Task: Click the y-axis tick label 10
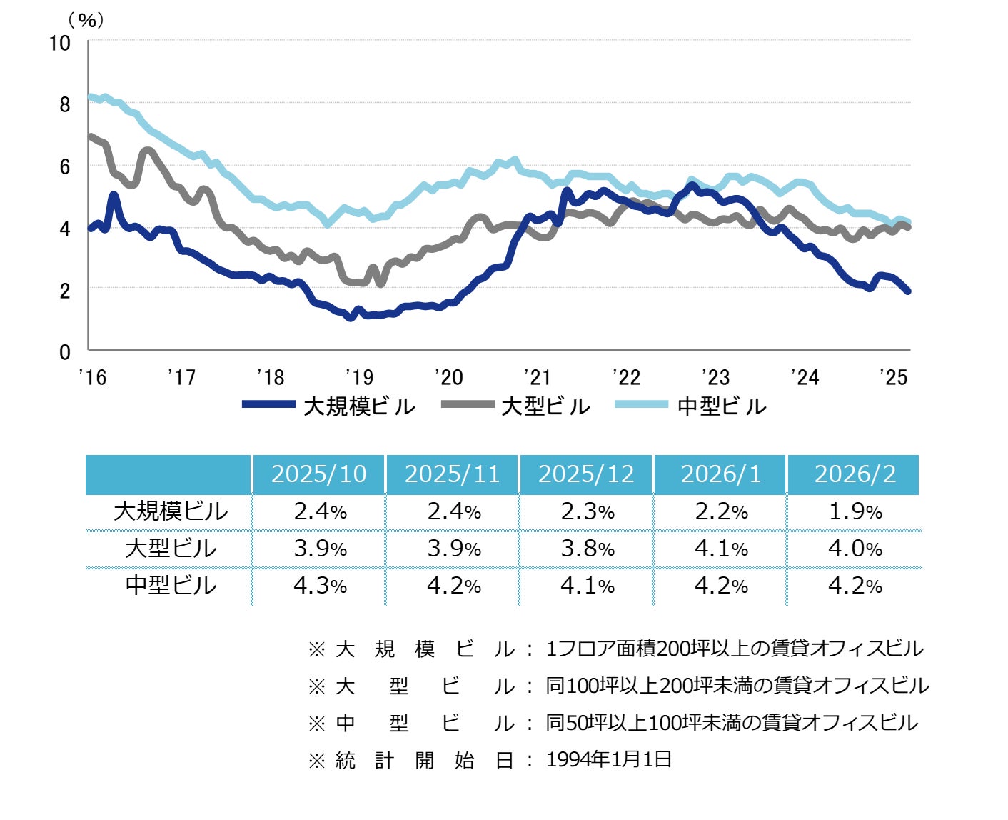[x=60, y=43]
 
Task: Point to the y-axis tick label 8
[x=65, y=104]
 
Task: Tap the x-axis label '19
[x=359, y=377]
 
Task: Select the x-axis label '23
[x=715, y=377]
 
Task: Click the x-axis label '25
[x=894, y=377]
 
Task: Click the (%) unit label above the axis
[x=86, y=20]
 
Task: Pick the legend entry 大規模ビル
[x=358, y=406]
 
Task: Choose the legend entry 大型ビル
[x=545, y=406]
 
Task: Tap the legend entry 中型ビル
[x=722, y=406]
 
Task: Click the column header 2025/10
[x=318, y=474]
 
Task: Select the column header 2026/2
[x=855, y=474]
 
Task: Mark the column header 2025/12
[x=586, y=474]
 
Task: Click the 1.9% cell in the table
[x=855, y=511]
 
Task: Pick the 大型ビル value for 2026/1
[x=721, y=549]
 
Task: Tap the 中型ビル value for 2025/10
[x=320, y=586]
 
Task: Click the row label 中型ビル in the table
[x=171, y=586]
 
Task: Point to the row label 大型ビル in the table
[x=171, y=549]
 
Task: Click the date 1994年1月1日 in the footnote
[x=609, y=759]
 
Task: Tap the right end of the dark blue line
[x=907, y=291]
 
